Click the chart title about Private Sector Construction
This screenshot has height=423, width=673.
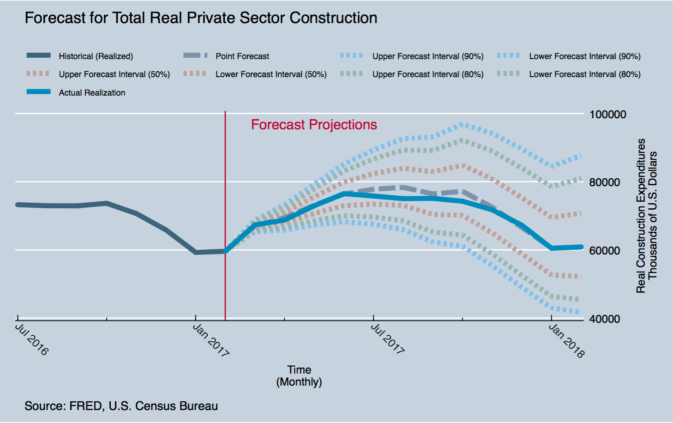[201, 18]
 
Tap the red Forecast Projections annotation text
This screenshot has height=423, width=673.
[314, 125]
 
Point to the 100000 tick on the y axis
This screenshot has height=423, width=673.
[608, 115]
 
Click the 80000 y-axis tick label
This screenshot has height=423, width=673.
[605, 182]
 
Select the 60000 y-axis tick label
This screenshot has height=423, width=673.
[605, 251]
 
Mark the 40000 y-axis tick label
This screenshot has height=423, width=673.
[605, 319]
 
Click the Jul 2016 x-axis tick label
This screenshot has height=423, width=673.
[32, 339]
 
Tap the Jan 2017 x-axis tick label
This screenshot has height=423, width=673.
[211, 340]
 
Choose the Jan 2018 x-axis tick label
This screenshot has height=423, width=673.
[566, 341]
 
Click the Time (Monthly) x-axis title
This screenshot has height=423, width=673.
[299, 376]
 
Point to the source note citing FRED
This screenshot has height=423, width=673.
[121, 406]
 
